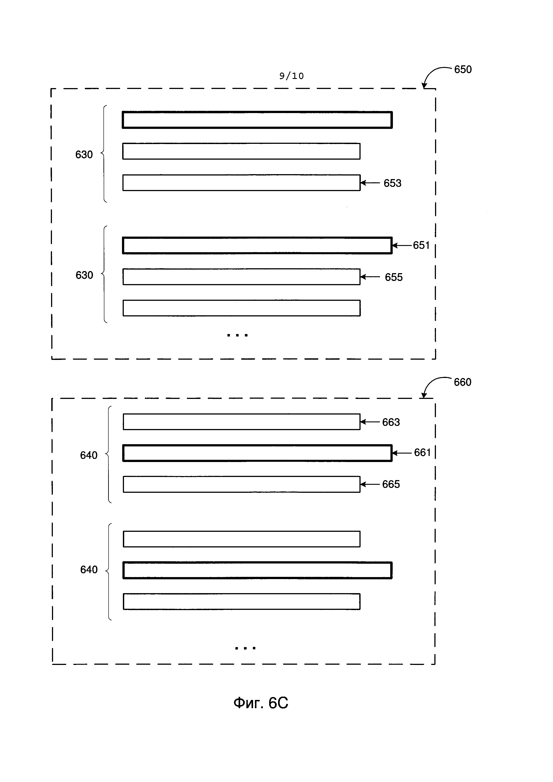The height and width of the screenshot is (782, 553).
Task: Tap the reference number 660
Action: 462,382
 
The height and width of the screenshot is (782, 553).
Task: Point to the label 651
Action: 421,245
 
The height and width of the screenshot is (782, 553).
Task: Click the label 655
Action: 394,277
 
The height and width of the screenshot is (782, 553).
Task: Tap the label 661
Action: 422,453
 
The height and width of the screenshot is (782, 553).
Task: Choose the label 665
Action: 391,484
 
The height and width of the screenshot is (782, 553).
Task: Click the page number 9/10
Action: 291,76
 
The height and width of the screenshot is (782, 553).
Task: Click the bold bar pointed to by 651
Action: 257,246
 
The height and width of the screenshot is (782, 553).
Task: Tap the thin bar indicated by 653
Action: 241,183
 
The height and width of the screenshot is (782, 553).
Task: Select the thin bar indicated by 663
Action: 241,422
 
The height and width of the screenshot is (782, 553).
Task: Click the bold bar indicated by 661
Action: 257,453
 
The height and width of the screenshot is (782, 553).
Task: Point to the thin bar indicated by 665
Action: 241,484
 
